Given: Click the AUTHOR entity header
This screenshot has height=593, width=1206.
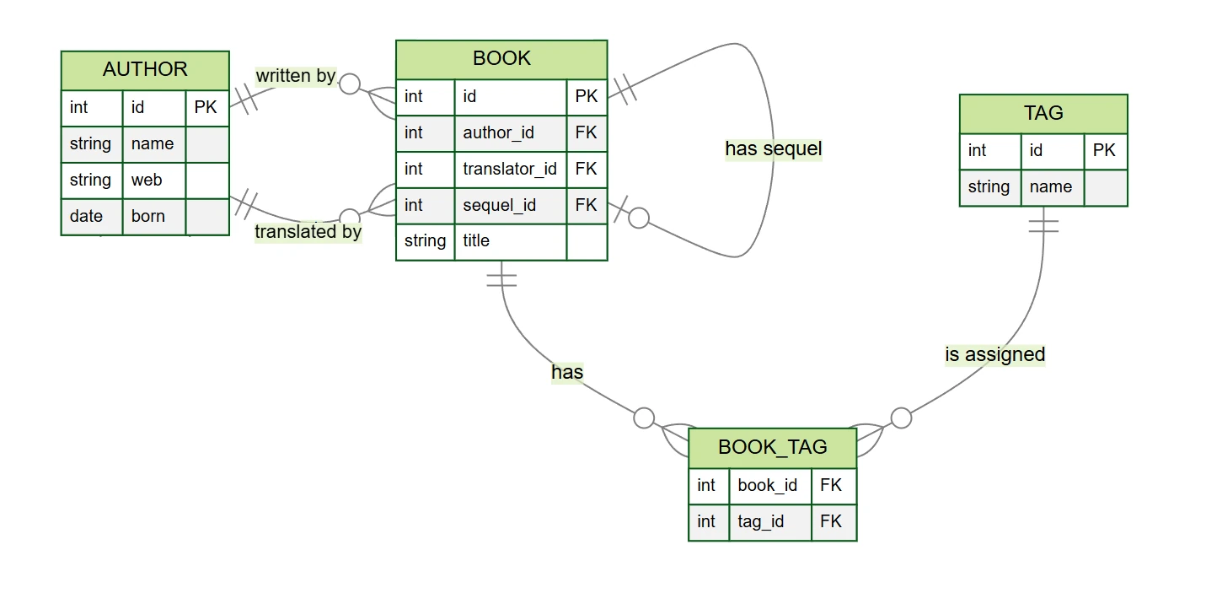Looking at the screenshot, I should tap(145, 69).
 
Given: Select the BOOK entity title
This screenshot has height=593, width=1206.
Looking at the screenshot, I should tap(501, 58).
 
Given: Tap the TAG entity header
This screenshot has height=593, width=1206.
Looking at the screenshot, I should tap(1043, 113).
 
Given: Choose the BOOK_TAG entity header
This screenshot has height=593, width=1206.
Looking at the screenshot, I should tap(772, 447).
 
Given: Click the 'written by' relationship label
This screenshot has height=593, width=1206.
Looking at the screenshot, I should tap(296, 76).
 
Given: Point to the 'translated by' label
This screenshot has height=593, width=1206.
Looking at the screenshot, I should tap(308, 231).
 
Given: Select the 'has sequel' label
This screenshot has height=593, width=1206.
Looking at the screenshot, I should tap(773, 149).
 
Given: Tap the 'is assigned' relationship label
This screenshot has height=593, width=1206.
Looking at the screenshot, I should tap(994, 354).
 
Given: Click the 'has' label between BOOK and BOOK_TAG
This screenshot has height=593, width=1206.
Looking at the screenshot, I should tap(567, 372).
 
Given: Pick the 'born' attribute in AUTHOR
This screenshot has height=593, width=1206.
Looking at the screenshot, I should tap(148, 216).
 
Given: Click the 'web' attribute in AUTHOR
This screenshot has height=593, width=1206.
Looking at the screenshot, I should tap(147, 180).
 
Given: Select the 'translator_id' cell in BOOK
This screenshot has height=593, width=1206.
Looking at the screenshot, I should tap(509, 169).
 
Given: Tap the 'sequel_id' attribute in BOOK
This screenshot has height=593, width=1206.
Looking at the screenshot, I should tap(499, 205).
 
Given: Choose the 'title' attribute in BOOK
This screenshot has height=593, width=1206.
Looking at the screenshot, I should tap(476, 241).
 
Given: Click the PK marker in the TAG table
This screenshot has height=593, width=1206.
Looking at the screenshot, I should tap(1104, 150).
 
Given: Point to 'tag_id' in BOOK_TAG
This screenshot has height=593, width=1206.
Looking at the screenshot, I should tap(760, 521).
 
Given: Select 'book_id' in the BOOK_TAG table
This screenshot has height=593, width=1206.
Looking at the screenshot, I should tap(767, 485).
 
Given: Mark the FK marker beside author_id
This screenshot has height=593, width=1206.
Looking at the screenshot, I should tap(586, 132).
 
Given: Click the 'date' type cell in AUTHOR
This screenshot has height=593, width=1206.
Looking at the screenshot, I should tap(86, 216).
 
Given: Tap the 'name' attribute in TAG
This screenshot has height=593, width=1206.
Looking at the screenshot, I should tap(1050, 186).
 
